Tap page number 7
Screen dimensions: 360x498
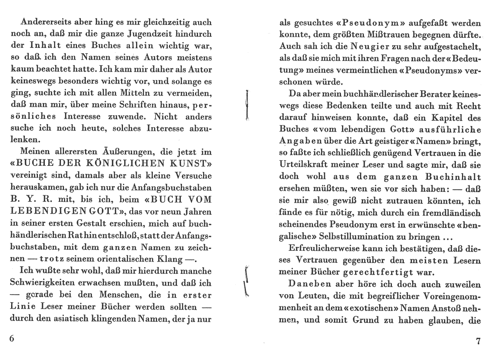[478, 341]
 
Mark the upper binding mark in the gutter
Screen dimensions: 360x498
[247, 105]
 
